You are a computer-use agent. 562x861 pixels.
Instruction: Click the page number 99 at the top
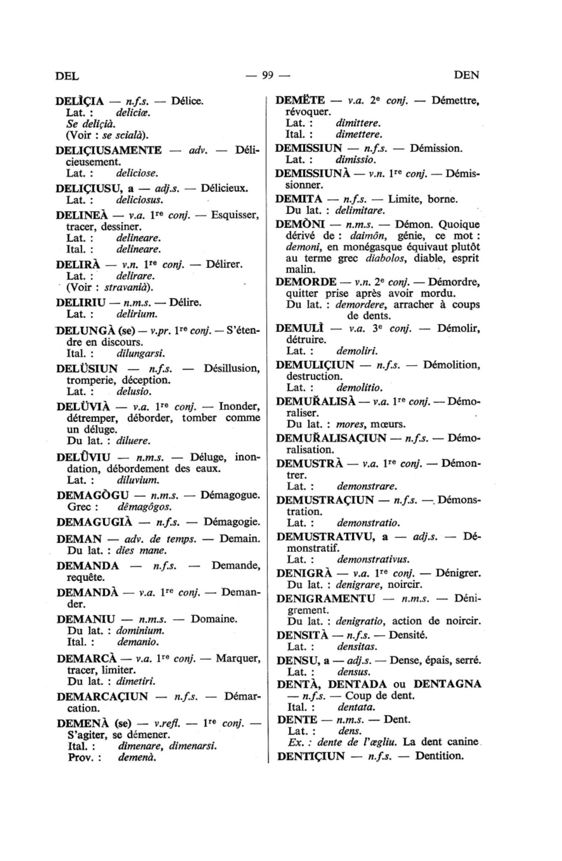268,75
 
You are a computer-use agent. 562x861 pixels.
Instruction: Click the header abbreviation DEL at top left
68,76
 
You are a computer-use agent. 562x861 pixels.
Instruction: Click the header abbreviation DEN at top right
467,75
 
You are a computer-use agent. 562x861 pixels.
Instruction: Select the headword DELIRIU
83,303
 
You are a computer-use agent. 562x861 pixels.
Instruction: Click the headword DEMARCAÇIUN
102,696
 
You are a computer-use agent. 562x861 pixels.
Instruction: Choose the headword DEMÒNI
301,224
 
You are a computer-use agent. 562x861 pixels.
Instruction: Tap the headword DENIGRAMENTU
326,598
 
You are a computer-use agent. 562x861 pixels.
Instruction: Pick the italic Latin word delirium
137,315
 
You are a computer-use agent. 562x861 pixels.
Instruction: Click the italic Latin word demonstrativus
373,559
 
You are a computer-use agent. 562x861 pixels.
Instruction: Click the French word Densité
408,636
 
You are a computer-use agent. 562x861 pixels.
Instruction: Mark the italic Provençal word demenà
137,758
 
